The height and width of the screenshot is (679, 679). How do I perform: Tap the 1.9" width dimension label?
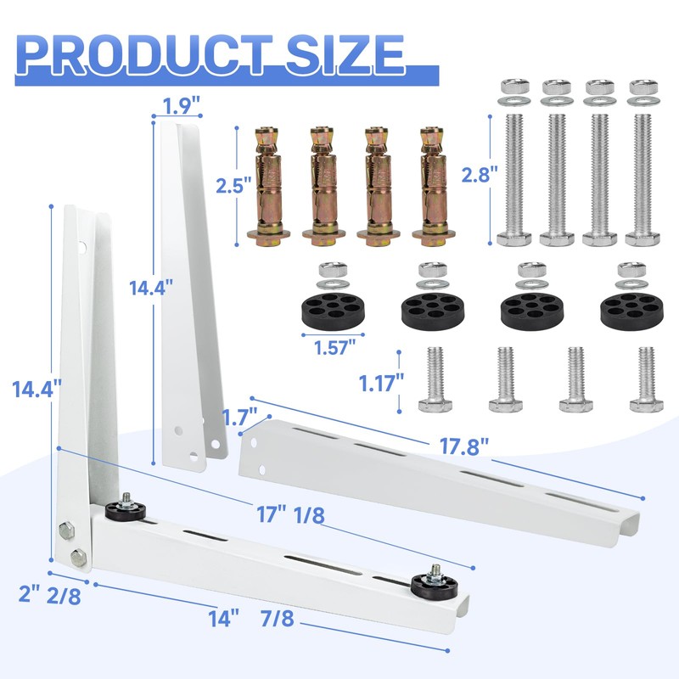pos(179,106)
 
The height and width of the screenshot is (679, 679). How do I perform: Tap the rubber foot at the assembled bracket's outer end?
pos(432,584)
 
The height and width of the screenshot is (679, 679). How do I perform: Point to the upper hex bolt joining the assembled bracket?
pos(66,532)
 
